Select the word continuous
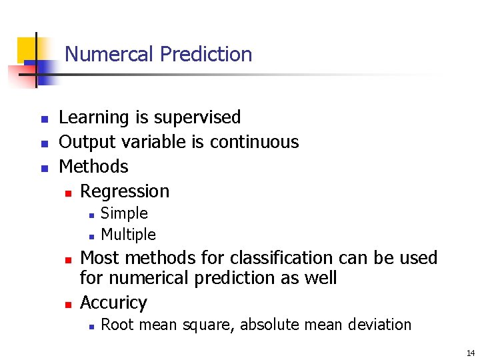255,142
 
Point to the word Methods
93,166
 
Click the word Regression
125,191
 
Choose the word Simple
124,214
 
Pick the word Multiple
128,235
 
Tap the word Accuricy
113,303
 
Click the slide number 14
471,353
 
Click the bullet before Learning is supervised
44,119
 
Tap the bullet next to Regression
67,193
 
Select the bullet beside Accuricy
67,305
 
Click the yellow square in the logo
27,49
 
